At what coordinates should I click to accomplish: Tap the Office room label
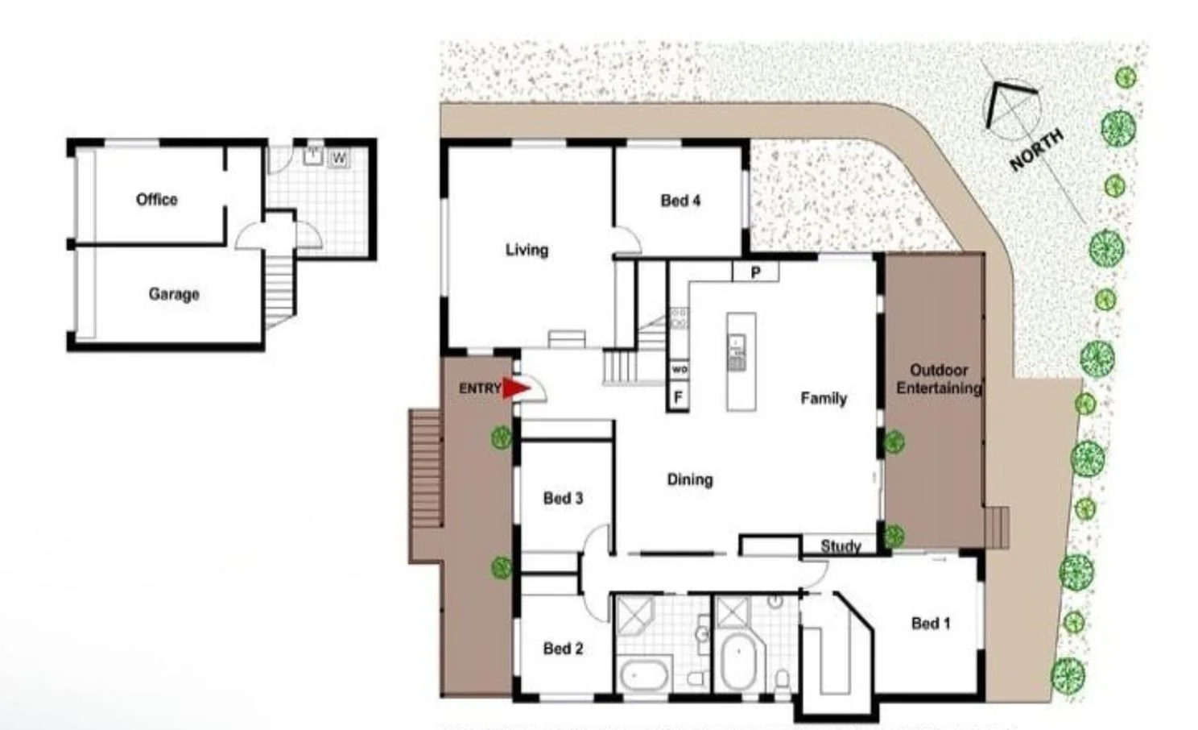[156, 199]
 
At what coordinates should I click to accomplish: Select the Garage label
[173, 294]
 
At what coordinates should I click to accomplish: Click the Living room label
[527, 250]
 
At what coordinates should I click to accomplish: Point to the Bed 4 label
[680, 201]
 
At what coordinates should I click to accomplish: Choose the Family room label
[823, 398]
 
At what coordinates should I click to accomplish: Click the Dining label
[689, 479]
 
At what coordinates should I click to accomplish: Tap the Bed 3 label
[563, 499]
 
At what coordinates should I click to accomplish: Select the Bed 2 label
[563, 649]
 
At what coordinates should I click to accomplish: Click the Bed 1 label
[931, 623]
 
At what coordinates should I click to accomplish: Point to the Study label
[841, 546]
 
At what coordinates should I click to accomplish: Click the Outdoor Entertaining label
[938, 380]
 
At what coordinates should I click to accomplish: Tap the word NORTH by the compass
[1036, 150]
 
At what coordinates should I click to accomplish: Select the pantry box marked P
[755, 272]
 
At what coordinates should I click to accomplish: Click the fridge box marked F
[678, 397]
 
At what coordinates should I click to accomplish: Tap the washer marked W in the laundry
[339, 158]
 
